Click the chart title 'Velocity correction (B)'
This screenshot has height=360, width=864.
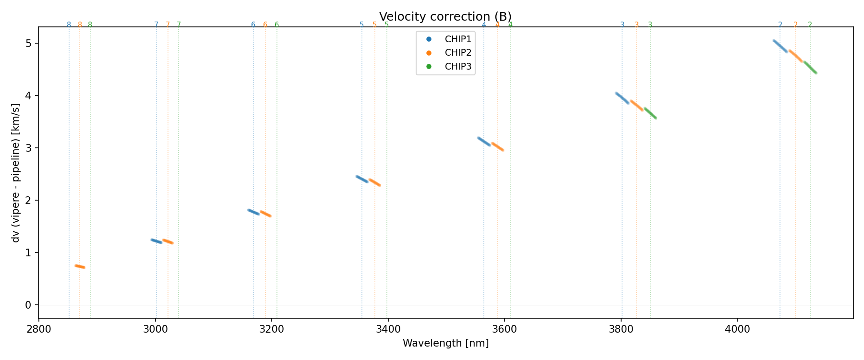click(x=445, y=17)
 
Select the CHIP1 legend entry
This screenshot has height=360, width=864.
click(x=458, y=39)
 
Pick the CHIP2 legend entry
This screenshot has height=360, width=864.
click(x=458, y=53)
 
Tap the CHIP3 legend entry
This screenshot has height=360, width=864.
click(x=458, y=67)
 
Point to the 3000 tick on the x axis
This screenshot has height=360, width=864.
click(x=156, y=329)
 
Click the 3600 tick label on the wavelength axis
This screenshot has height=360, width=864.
click(x=504, y=329)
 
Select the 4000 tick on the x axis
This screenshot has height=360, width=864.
click(x=737, y=329)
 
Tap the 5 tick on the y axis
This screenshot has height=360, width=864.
click(x=28, y=44)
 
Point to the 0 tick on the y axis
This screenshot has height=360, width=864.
click(x=28, y=305)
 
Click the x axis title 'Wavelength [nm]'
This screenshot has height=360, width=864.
click(x=445, y=343)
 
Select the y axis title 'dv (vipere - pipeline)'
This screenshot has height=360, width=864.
click(x=16, y=173)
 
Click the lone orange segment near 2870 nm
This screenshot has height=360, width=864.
click(x=80, y=266)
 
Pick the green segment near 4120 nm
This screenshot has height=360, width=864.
click(x=810, y=67)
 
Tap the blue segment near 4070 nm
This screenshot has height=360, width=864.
click(x=780, y=46)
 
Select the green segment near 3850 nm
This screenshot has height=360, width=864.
click(x=650, y=113)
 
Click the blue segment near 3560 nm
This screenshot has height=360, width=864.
click(x=484, y=142)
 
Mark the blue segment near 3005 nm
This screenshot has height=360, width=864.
click(x=156, y=241)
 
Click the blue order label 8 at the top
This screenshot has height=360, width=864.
click(x=69, y=25)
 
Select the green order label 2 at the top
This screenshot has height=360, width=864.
click(x=810, y=25)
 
